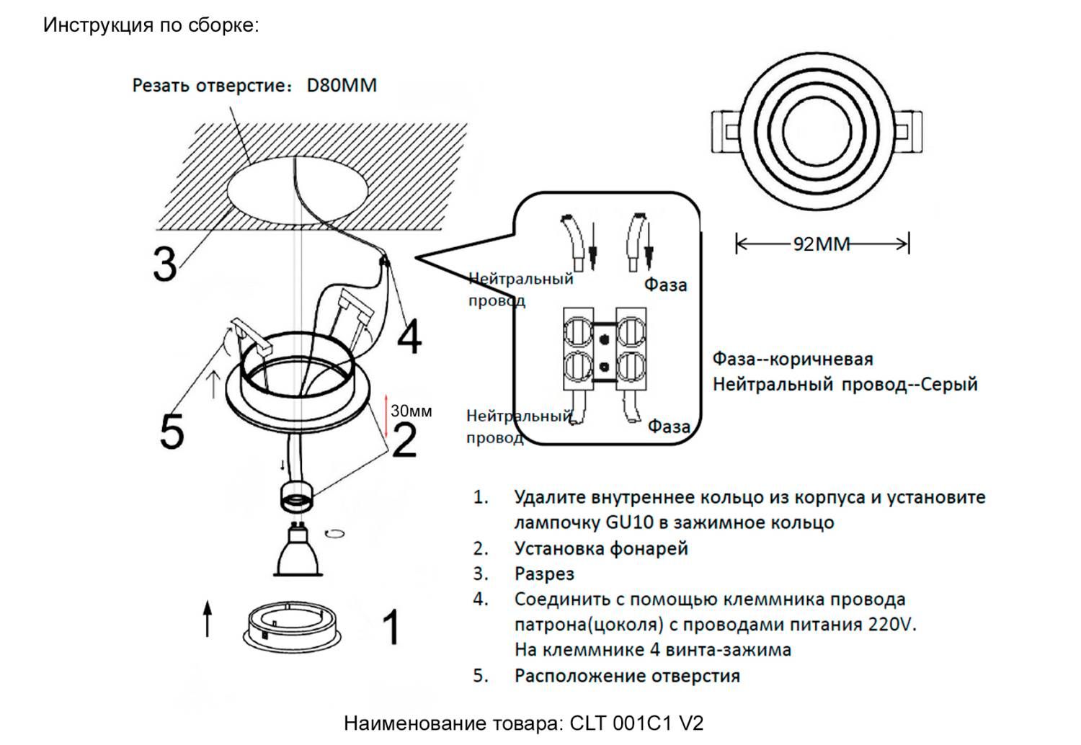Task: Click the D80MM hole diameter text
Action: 342,86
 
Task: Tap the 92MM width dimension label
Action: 822,244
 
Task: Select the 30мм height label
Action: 412,411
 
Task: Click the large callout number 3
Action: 165,264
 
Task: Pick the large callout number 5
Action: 172,432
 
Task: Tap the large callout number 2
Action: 404,440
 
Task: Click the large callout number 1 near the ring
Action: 390,627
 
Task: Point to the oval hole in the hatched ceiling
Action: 298,191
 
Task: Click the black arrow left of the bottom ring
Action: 208,619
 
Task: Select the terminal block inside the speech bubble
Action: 604,349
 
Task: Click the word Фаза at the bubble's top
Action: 665,285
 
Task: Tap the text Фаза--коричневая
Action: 792,359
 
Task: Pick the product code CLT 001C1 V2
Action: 636,723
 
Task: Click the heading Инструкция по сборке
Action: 151,25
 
